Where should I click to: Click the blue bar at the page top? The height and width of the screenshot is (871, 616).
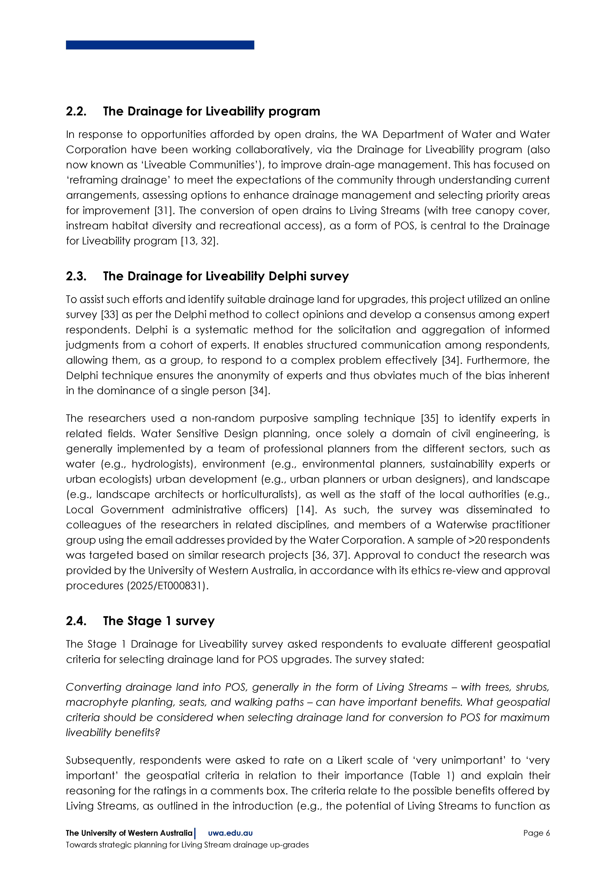[x=160, y=45]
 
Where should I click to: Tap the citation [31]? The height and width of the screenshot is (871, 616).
[x=162, y=211]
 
